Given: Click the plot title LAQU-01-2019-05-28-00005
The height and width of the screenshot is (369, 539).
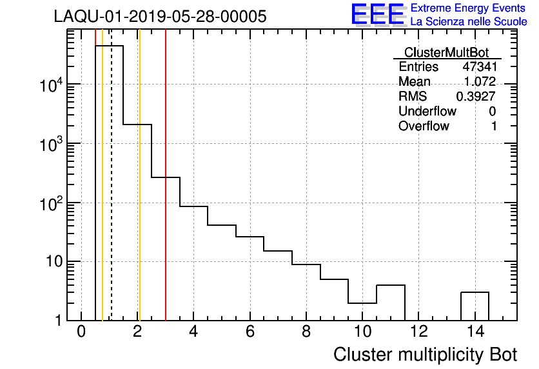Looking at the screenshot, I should click(x=160, y=16).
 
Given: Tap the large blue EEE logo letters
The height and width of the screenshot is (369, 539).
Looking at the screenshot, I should click(x=377, y=15).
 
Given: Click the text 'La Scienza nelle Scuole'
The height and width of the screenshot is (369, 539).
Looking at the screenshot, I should click(x=469, y=22).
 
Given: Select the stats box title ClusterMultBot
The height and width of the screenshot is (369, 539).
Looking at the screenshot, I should click(x=446, y=52).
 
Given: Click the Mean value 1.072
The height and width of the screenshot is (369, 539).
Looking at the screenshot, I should click(x=480, y=82).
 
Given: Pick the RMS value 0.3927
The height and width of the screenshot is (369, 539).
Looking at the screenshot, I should click(x=476, y=96).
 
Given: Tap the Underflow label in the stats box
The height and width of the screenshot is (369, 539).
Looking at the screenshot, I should click(x=427, y=111).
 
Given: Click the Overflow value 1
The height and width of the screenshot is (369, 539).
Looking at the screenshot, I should click(x=494, y=126).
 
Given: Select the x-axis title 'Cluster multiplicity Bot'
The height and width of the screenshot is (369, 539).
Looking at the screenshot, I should click(x=425, y=354).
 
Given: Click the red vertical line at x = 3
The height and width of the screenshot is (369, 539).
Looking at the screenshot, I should click(x=166, y=194).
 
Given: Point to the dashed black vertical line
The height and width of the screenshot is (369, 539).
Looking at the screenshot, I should click(x=112, y=194).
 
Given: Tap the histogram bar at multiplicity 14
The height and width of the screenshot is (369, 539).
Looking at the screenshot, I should click(x=475, y=306).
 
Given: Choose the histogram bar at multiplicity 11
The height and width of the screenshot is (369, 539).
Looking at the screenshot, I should click(x=390, y=303).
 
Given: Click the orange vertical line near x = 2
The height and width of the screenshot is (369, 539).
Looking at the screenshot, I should click(x=139, y=194).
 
